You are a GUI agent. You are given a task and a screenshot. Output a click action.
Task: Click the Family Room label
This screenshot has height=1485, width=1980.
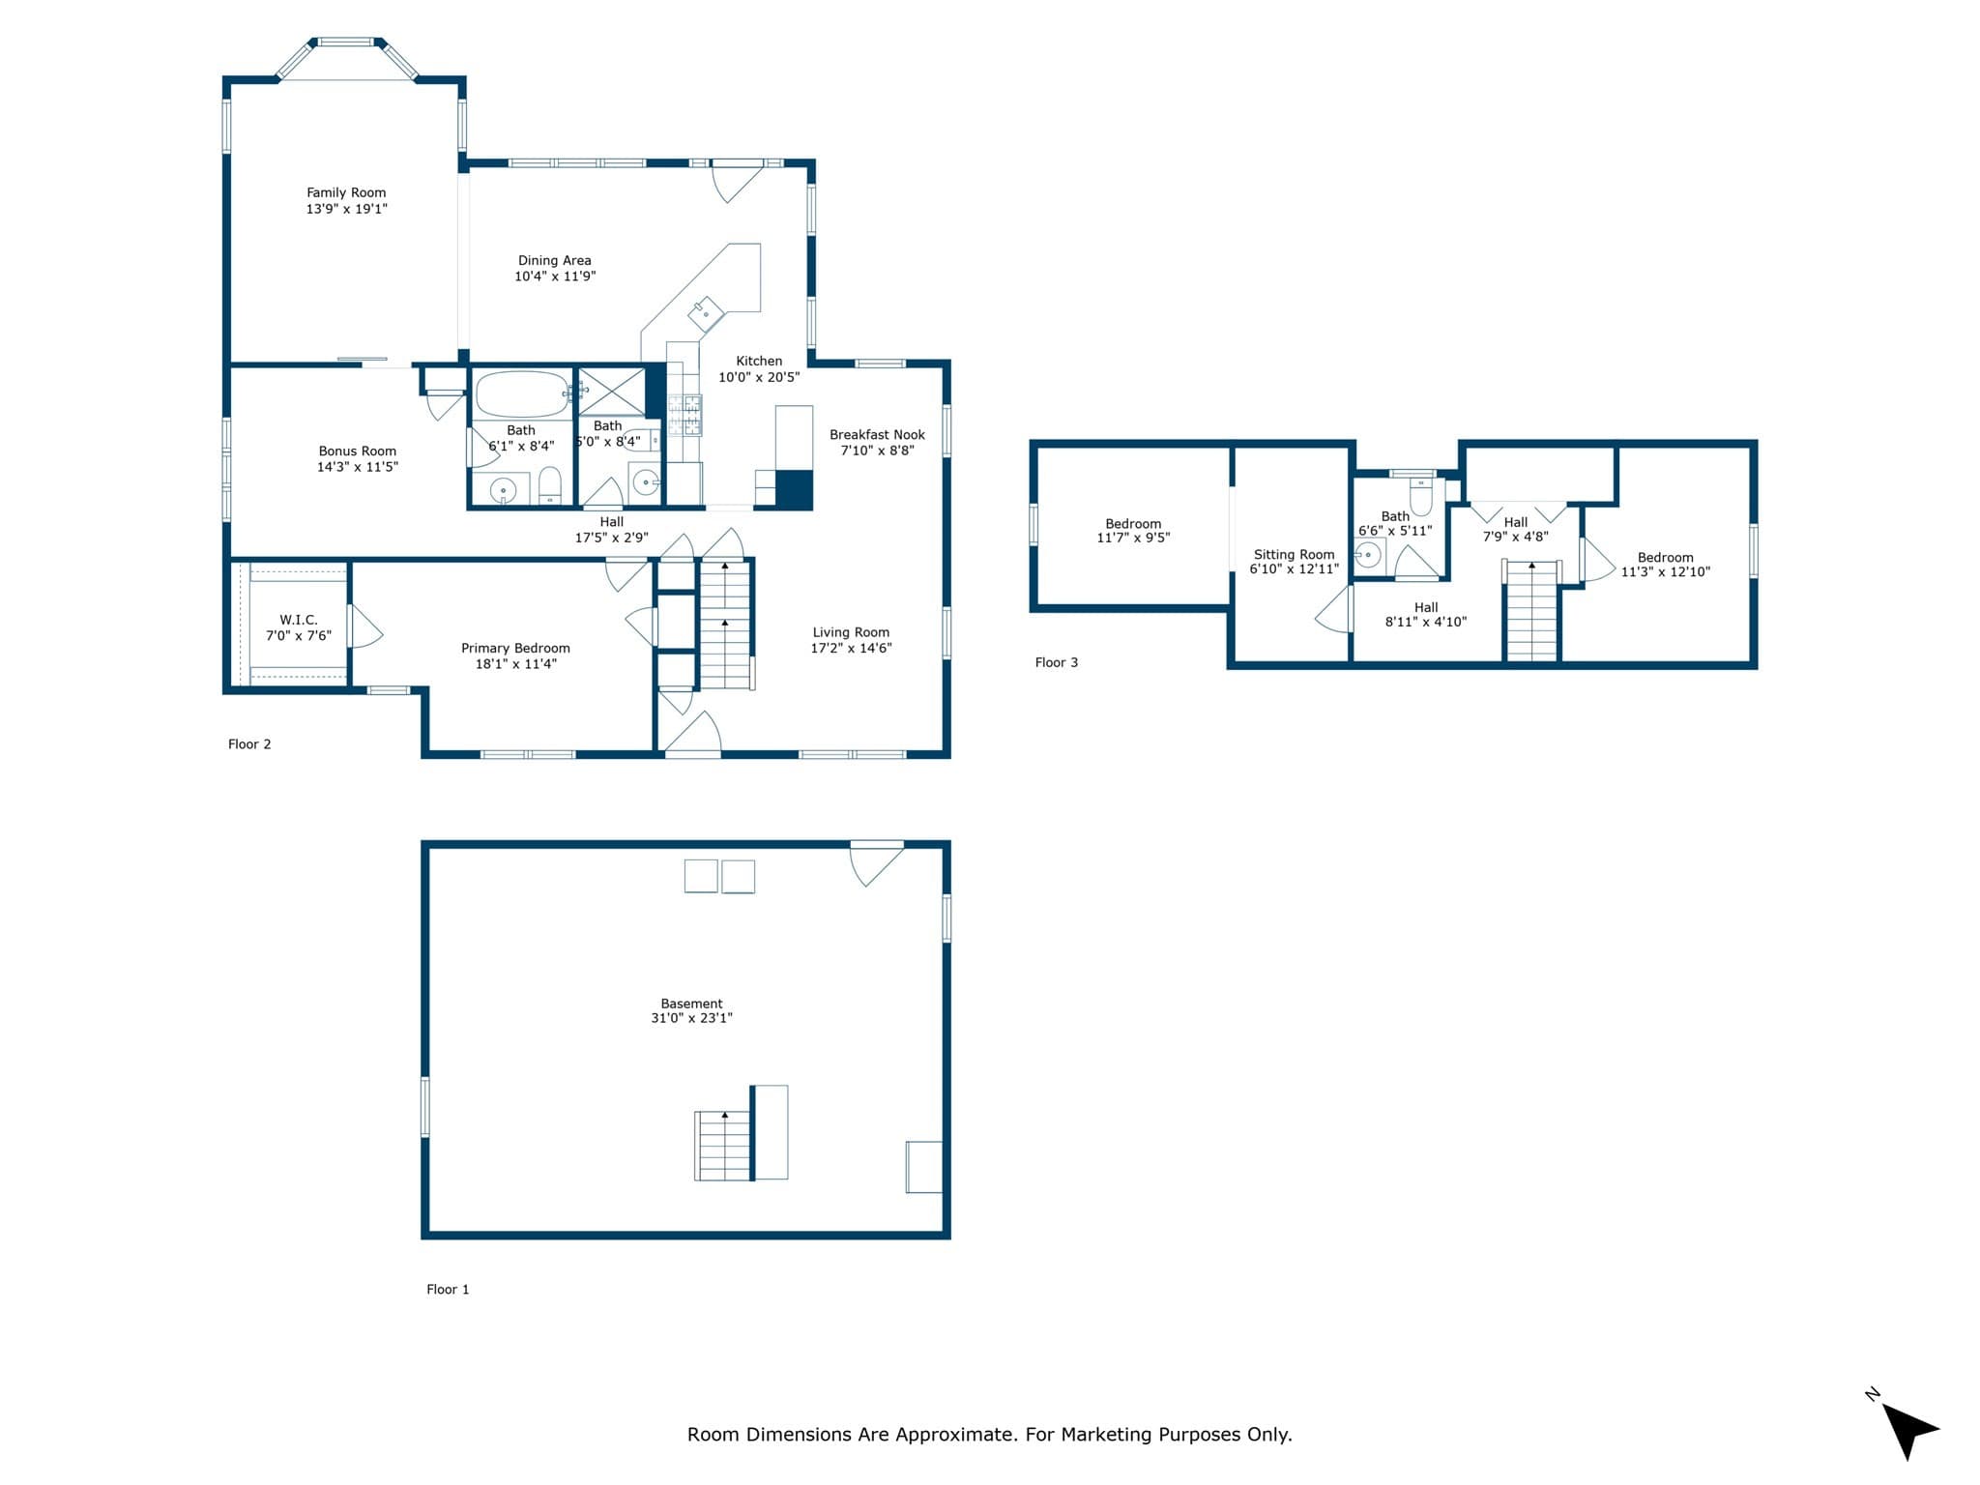346,192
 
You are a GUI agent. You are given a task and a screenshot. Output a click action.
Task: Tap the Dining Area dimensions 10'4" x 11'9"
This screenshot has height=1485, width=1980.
555,277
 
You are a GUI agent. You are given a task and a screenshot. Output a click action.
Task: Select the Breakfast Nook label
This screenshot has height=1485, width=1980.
877,435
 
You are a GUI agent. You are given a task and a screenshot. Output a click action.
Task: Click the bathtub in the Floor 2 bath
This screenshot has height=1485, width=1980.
522,394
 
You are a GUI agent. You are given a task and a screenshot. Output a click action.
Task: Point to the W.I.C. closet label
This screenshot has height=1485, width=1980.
299,620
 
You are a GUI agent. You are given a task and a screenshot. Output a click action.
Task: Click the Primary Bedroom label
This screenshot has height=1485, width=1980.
515,648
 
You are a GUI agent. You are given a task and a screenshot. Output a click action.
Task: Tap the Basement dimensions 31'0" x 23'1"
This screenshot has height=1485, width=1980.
691,1018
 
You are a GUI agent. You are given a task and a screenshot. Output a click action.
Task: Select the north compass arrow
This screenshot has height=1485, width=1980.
1908,1429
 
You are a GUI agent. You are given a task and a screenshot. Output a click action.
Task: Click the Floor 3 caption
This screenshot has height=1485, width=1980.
1056,662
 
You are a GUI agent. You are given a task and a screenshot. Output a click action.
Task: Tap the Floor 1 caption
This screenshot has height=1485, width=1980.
448,1289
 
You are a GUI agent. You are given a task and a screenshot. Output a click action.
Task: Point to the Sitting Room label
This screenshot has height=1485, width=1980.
1294,555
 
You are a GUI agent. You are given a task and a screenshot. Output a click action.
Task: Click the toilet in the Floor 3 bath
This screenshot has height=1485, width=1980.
1420,496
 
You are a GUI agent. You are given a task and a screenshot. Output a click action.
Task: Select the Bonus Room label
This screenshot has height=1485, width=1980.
358,451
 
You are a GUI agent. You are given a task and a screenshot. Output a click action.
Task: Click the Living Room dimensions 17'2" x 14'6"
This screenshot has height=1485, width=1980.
851,648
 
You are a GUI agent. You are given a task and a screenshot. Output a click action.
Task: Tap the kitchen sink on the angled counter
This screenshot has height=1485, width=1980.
706,314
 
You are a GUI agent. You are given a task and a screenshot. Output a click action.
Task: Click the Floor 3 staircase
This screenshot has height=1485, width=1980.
1531,611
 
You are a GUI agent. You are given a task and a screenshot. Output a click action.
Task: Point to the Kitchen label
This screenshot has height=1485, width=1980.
759,362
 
